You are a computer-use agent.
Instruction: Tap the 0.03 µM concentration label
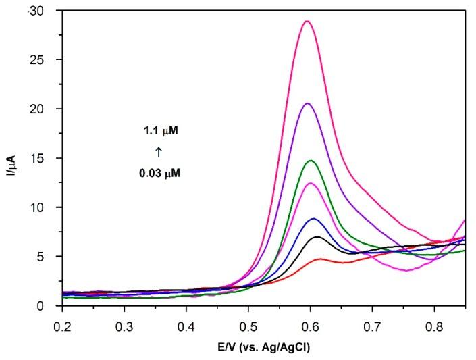(160, 173)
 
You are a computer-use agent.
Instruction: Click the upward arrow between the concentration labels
(159, 152)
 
